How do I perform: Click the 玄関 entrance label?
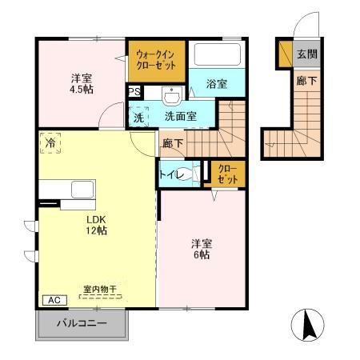pyautogui.click(x=306, y=54)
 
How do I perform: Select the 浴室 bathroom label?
pyautogui.click(x=216, y=83)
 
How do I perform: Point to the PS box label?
pyautogui.click(x=133, y=92)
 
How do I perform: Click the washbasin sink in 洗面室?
pyautogui.click(x=170, y=95)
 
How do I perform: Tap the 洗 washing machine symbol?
pyautogui.click(x=139, y=116)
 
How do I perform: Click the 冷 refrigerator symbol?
pyautogui.click(x=49, y=144)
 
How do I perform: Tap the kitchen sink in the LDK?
pyautogui.click(x=83, y=190)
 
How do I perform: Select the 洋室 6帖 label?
pyautogui.click(x=200, y=249)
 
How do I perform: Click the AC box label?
pyautogui.click(x=54, y=300)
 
